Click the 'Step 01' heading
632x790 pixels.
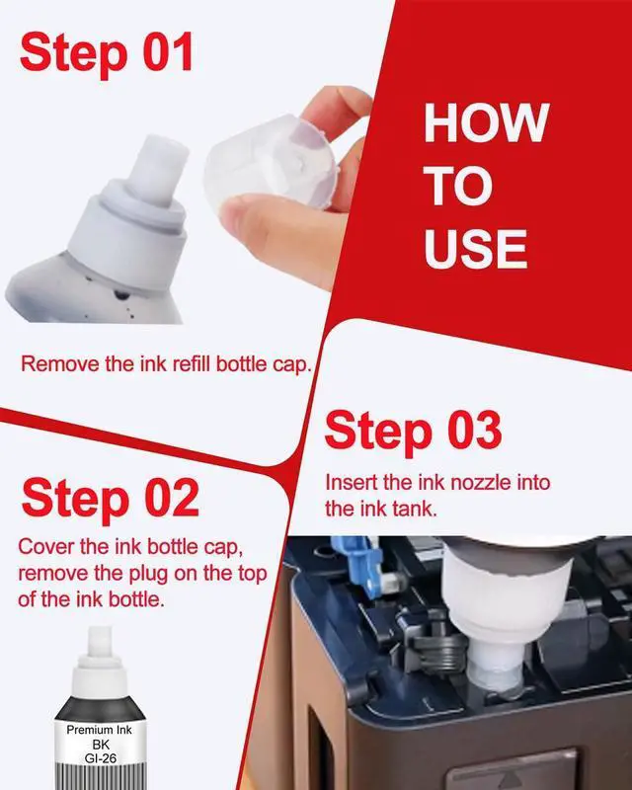pyautogui.click(x=107, y=53)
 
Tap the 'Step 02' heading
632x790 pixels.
pyautogui.click(x=111, y=499)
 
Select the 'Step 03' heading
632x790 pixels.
pyautogui.click(x=414, y=431)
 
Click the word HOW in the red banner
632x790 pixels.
pyautogui.click(x=487, y=122)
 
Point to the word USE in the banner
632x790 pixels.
pyautogui.click(x=476, y=249)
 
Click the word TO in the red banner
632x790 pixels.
pyautogui.click(x=458, y=186)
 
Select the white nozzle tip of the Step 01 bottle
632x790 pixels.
pyautogui.click(x=157, y=169)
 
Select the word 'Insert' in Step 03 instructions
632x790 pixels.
pyautogui.click(x=352, y=482)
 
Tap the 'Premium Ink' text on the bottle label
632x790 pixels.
pyautogui.click(x=100, y=730)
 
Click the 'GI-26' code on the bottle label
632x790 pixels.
pyautogui.click(x=101, y=758)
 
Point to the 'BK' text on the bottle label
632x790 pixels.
pyautogui.click(x=101, y=745)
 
